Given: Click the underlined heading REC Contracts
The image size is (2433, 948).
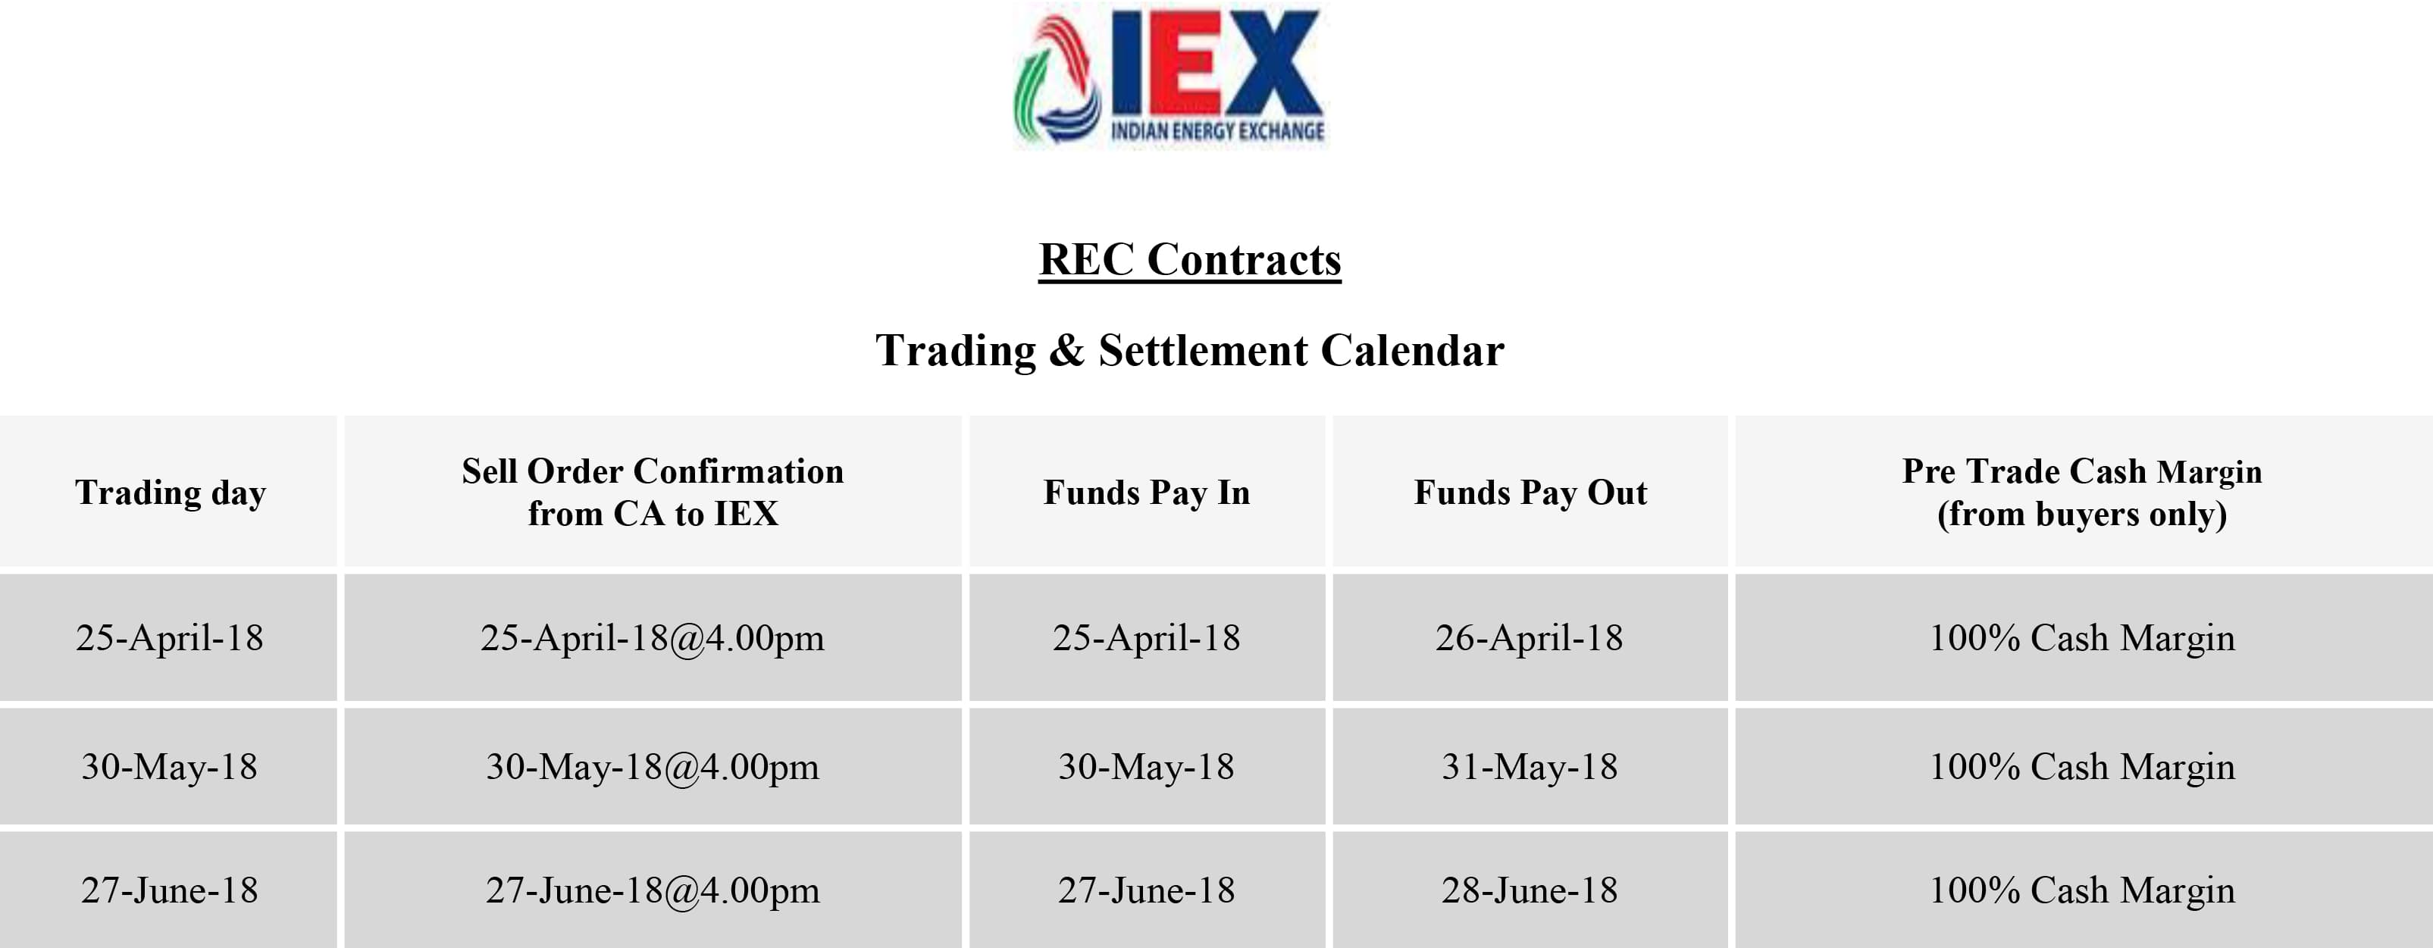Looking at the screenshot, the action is coord(1190,260).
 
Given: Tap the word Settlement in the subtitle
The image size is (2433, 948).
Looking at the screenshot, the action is coord(1202,350).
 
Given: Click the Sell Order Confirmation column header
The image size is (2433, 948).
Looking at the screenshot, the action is coord(653,492).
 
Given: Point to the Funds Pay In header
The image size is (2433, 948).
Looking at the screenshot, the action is coord(1147,492).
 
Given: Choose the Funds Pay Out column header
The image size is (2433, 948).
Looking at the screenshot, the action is coord(1530,492).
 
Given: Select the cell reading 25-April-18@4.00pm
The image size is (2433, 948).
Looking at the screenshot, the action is coord(653,638).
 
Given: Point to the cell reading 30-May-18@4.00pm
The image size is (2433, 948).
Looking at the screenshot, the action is coord(653,767).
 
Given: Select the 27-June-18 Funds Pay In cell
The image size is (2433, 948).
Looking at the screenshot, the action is coord(1147,890).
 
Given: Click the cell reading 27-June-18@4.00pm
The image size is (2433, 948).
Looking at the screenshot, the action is coord(653,890).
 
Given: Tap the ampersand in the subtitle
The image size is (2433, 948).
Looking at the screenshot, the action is coord(1066,350).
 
